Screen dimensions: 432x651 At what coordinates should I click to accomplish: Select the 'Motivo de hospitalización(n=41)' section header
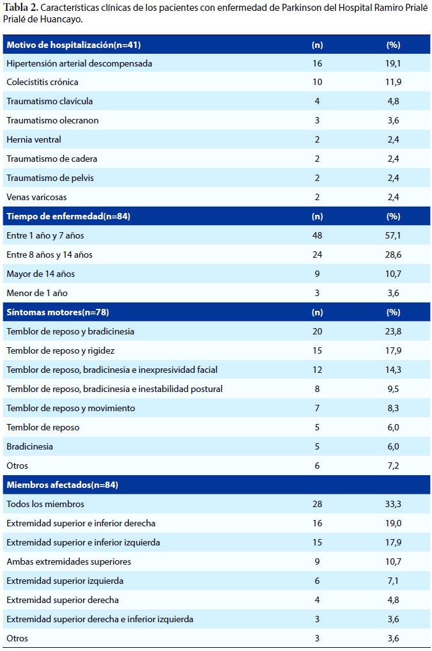point(73,45)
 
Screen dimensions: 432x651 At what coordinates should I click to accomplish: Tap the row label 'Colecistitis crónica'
point(42,82)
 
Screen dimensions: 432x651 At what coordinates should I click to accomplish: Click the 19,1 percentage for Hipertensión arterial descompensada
point(393,63)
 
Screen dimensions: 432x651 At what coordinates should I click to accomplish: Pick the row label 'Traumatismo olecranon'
point(52,120)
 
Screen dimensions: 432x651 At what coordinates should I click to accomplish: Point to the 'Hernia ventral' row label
point(34,139)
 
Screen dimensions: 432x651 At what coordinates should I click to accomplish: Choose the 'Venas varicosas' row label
point(36,197)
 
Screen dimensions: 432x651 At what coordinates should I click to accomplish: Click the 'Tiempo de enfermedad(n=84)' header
point(68,216)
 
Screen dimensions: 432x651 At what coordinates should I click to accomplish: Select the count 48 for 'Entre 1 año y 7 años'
point(317,235)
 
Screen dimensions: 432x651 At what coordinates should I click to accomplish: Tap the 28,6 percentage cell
point(393,255)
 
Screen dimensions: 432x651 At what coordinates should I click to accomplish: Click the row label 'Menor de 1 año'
point(37,293)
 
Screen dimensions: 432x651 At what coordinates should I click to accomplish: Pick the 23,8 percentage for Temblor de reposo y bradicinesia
point(393,331)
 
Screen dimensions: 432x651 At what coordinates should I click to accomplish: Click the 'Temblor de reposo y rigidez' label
point(61,351)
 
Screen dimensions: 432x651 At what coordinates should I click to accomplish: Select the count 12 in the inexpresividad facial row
point(317,370)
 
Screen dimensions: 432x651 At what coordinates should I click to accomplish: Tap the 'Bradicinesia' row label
point(30,447)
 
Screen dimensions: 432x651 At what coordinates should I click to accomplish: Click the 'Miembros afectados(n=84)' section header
point(62,485)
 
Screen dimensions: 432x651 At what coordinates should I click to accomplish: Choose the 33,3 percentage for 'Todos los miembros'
point(393,504)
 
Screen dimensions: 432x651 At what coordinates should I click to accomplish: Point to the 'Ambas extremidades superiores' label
point(69,561)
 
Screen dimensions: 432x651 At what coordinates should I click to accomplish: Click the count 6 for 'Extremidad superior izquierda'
point(317,581)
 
